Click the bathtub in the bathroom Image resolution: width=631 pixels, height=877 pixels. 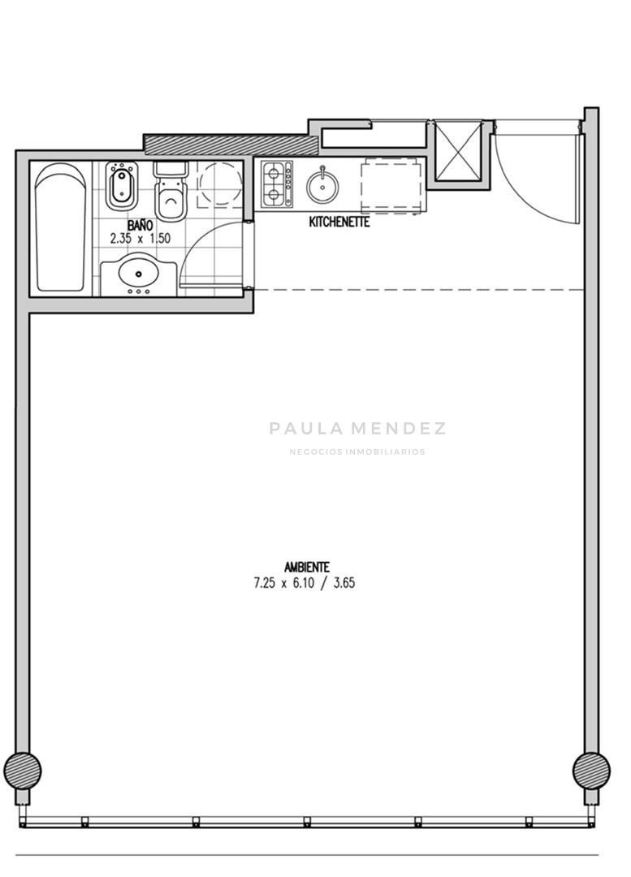pos(61,227)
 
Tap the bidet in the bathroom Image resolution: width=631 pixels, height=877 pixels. pos(121,186)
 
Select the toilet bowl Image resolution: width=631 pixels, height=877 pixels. pos(171,192)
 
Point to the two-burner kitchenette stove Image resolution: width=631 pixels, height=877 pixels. pos(277,184)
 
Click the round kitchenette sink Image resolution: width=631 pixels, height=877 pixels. pos(322,187)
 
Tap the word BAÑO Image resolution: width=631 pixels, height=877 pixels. pos(140,226)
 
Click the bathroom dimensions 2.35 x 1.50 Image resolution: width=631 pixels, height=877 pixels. pos(140,238)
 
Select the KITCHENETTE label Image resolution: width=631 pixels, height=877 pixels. pos(339,222)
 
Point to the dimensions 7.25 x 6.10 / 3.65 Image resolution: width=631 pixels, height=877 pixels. pos(305,583)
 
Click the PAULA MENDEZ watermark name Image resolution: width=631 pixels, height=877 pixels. pos(357,429)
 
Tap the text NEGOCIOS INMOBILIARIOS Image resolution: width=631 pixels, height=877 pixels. pos(357,452)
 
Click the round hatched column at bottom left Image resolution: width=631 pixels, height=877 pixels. pos(23,771)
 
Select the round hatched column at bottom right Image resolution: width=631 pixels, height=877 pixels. pos(591,771)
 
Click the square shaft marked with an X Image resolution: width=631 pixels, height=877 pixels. pos(458,152)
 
